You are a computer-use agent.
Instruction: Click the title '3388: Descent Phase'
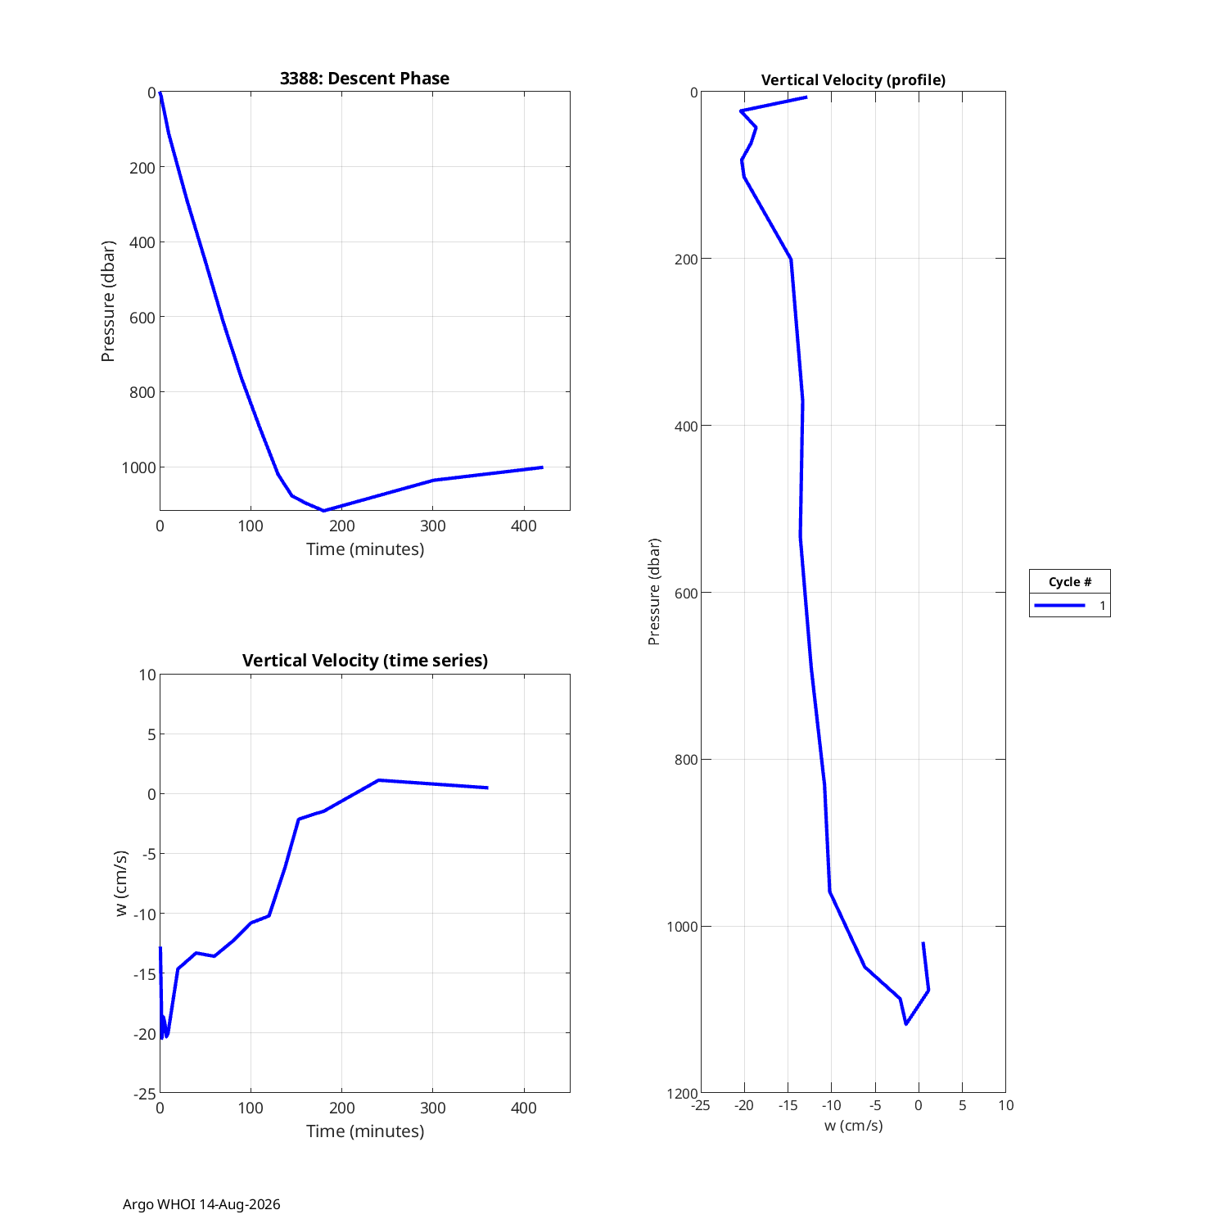(x=364, y=79)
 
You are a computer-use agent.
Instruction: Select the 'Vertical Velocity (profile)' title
(x=853, y=80)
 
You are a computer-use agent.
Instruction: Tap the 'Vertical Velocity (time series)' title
(x=365, y=661)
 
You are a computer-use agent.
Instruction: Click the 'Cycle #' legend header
(x=1069, y=582)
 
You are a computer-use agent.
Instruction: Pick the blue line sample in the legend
(x=1059, y=606)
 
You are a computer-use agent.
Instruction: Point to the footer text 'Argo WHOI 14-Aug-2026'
(x=201, y=1204)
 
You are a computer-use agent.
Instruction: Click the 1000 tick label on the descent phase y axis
(x=138, y=467)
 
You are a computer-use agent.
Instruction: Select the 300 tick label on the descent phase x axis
(x=433, y=526)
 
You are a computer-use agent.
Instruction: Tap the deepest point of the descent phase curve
(x=324, y=511)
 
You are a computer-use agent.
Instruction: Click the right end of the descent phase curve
(x=542, y=467)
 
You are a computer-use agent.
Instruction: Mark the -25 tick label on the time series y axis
(x=144, y=1094)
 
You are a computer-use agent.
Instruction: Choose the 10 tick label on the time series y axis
(x=147, y=675)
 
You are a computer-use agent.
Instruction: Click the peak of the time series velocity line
(x=378, y=780)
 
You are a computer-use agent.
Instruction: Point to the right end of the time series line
(x=487, y=788)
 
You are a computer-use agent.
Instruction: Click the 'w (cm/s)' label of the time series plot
(x=121, y=883)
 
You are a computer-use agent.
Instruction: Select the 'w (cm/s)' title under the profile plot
(x=853, y=1126)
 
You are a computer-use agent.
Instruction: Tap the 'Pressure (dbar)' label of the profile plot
(x=653, y=592)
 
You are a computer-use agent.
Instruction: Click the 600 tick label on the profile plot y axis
(x=687, y=593)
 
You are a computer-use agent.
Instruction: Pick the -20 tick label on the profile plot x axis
(x=743, y=1105)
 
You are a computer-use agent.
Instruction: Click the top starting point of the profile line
(x=806, y=97)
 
